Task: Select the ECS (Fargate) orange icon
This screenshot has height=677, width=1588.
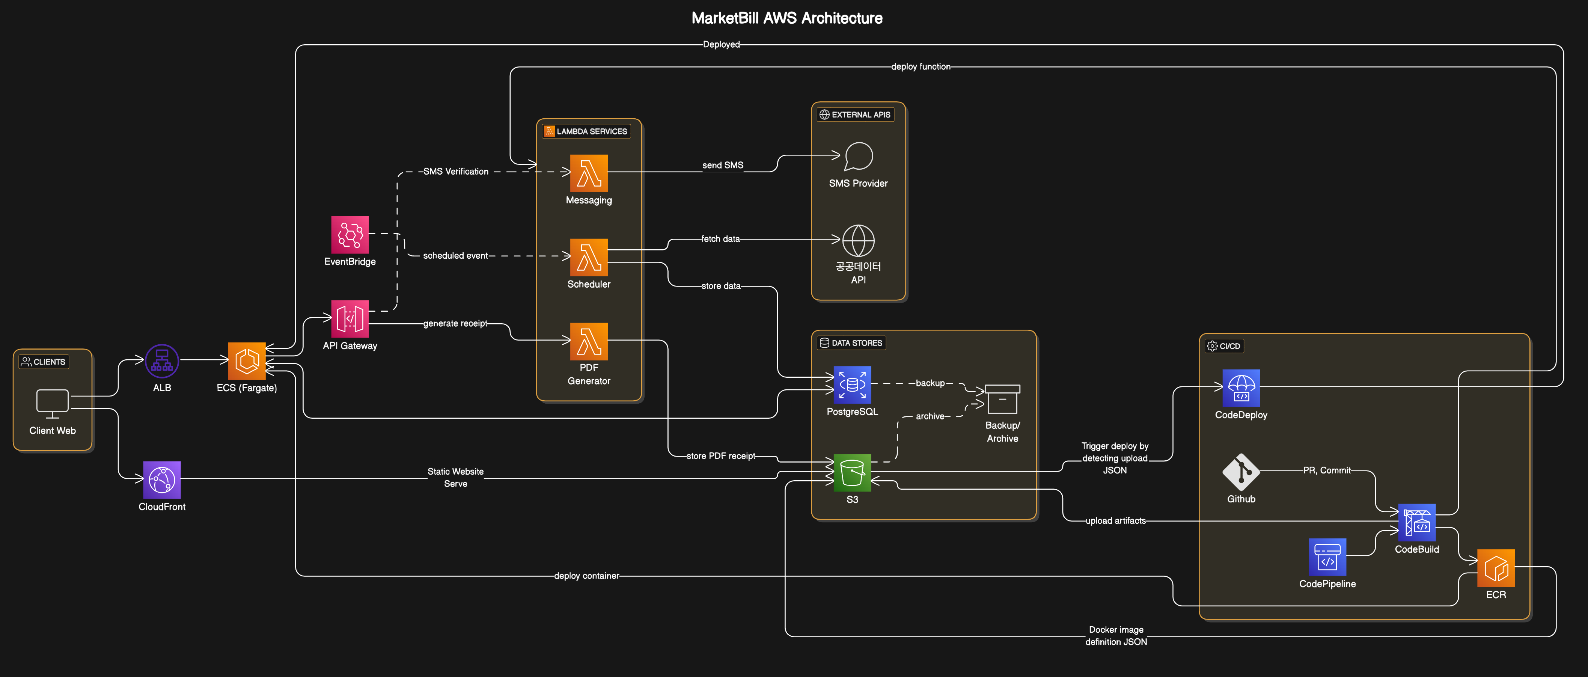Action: point(247,361)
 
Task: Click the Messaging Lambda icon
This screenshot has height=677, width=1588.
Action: point(589,173)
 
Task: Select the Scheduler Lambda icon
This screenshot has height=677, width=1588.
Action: point(589,257)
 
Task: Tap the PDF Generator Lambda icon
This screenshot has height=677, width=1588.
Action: point(589,341)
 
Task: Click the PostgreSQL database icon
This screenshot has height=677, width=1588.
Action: point(852,385)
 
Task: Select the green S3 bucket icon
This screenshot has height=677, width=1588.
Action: point(852,473)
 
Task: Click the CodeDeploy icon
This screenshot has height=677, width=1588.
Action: point(1241,388)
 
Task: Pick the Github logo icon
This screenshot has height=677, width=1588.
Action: point(1241,472)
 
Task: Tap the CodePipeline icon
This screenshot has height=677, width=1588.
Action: point(1327,557)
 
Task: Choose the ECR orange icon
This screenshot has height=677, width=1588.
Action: point(1496,568)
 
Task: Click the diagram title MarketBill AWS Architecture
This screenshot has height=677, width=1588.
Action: point(786,18)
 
